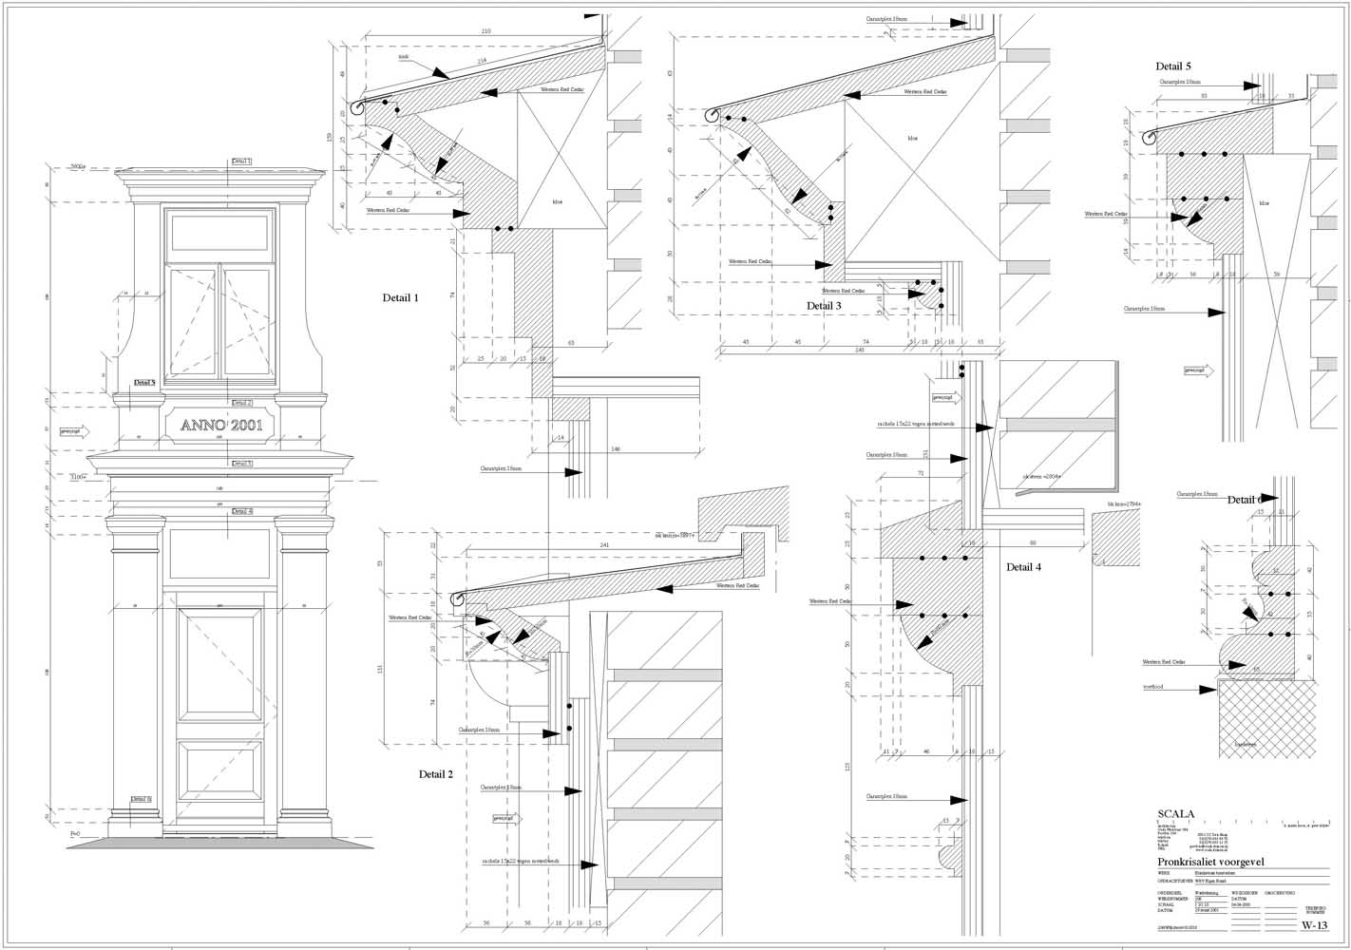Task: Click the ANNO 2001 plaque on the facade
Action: click(x=221, y=425)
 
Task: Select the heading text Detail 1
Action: click(x=400, y=298)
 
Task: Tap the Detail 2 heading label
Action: click(x=436, y=774)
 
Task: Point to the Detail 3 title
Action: click(x=824, y=306)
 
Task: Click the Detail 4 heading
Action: click(x=1024, y=567)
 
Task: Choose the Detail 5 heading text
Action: click(x=1173, y=66)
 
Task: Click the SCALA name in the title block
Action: click(x=1176, y=814)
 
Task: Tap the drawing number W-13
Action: click(x=1313, y=925)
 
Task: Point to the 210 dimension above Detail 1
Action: click(x=485, y=32)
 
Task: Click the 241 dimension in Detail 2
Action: click(x=604, y=545)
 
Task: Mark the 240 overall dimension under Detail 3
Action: click(x=859, y=351)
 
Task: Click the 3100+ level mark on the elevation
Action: click(x=78, y=477)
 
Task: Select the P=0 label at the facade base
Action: click(x=76, y=833)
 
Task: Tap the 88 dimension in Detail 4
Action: click(x=1032, y=542)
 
